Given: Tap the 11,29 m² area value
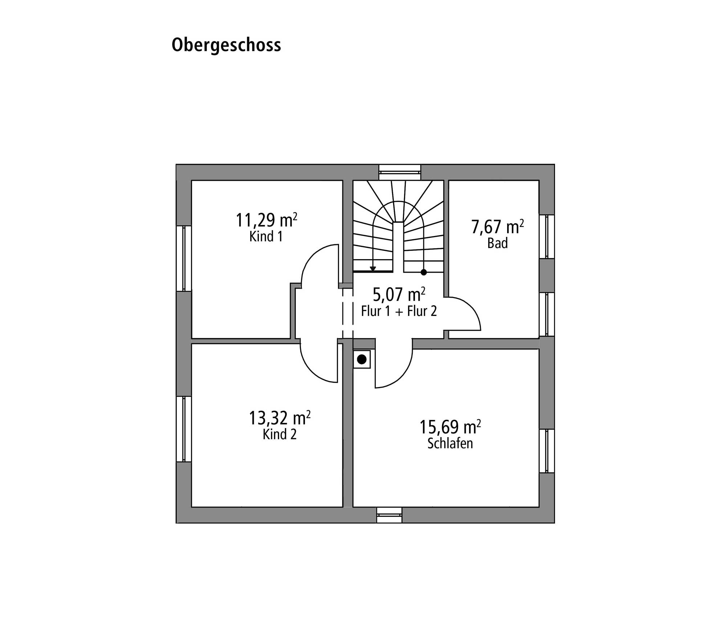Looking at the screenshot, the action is click(267, 220).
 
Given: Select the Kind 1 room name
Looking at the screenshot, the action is click(266, 236).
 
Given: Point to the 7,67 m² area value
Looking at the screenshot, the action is click(498, 227).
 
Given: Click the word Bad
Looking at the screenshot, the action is click(497, 243).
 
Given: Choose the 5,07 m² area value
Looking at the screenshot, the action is click(399, 294).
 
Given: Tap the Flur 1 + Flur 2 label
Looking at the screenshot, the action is click(399, 311).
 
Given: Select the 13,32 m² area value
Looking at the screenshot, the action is click(280, 418).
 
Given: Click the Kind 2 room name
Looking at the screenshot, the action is click(280, 434).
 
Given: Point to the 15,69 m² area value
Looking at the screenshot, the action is click(450, 427).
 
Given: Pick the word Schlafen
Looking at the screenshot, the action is click(450, 443).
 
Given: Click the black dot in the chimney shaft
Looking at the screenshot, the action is click(362, 359).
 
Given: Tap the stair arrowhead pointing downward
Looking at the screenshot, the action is click(373, 269).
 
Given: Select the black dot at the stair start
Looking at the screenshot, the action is click(424, 272).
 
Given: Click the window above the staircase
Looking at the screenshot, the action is click(400, 172).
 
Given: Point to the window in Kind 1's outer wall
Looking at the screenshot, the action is click(184, 259).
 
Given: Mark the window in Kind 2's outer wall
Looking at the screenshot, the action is click(184, 429).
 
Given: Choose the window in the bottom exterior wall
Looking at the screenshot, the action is click(389, 515).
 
